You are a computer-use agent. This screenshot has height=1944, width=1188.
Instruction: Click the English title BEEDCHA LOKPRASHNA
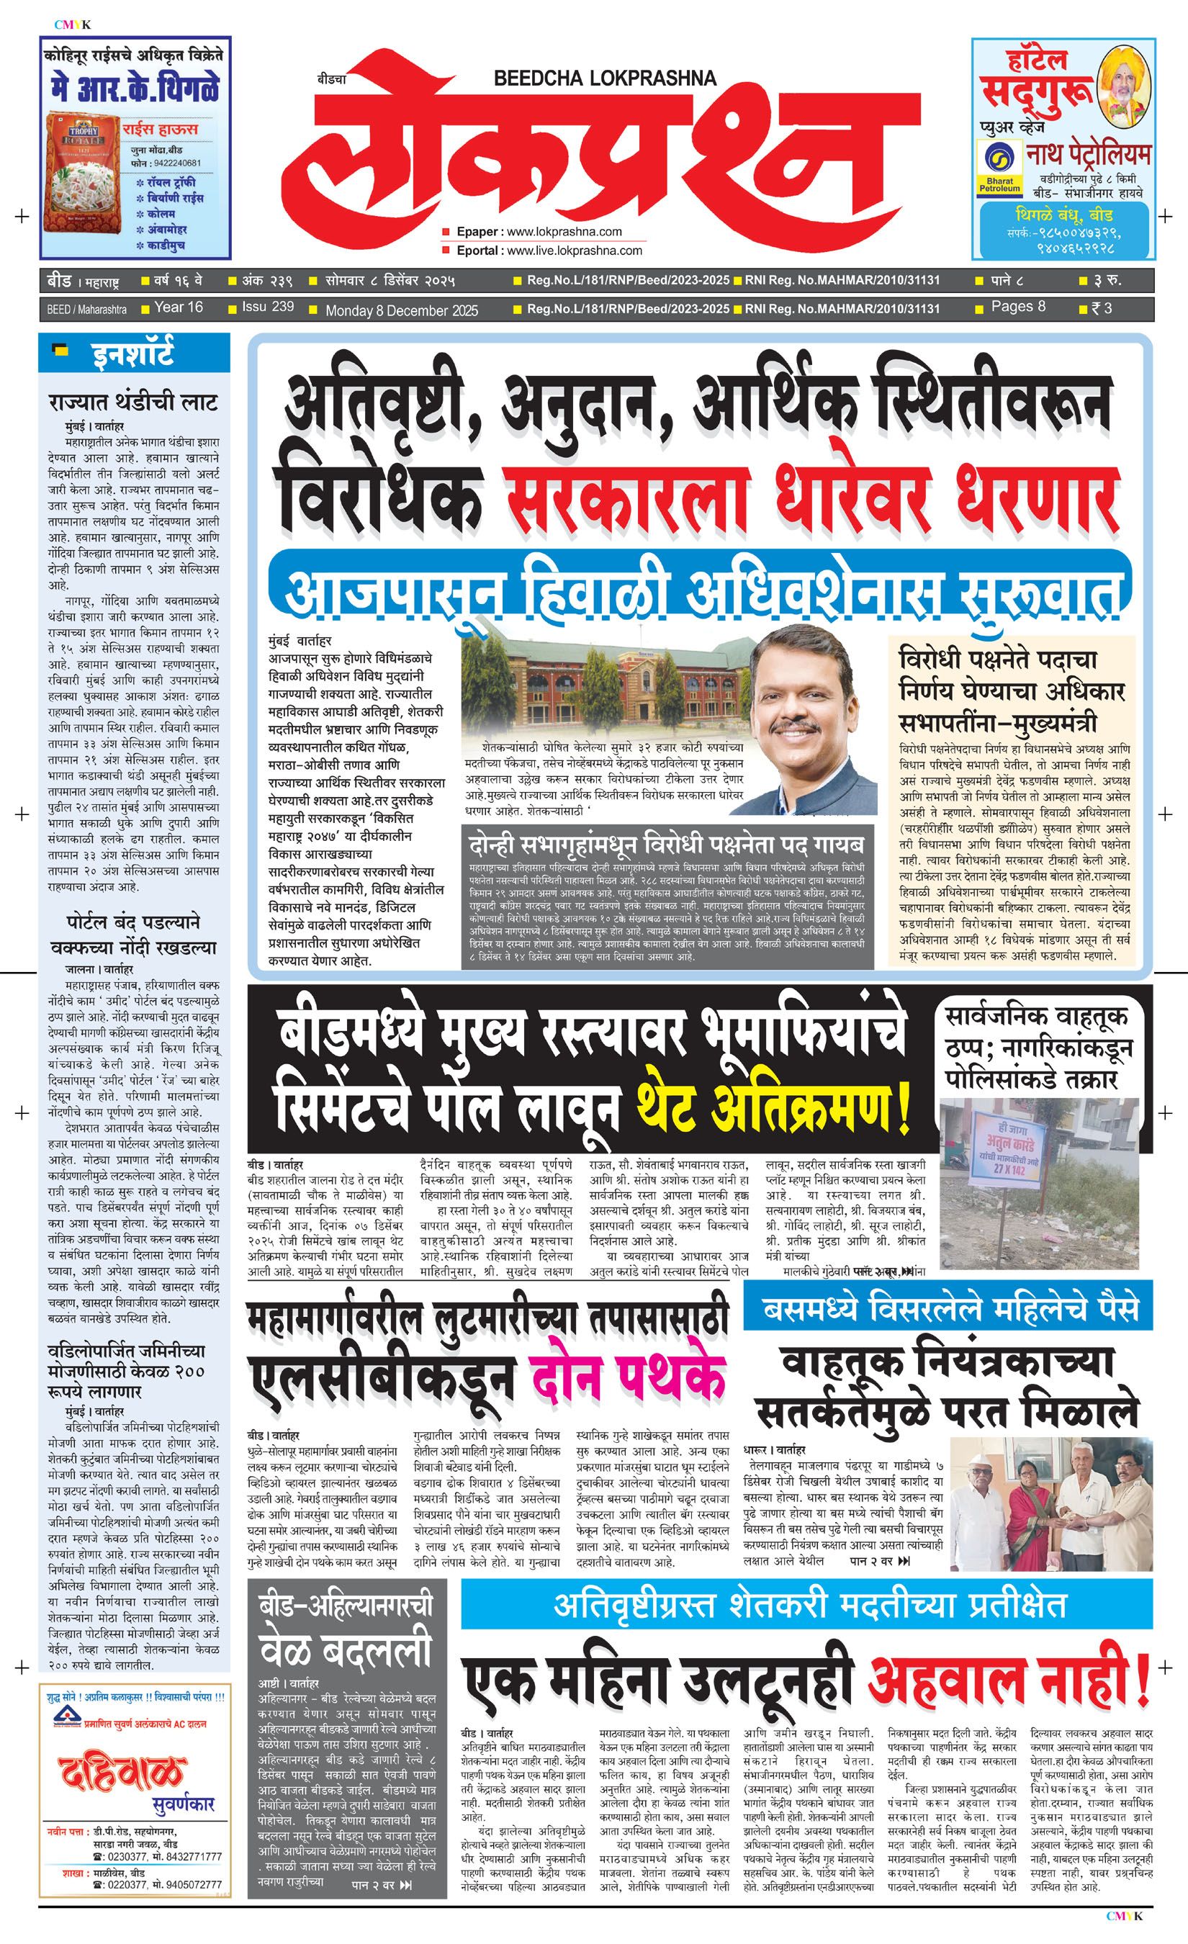coord(604,78)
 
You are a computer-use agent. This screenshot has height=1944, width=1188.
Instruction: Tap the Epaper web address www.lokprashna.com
coord(564,232)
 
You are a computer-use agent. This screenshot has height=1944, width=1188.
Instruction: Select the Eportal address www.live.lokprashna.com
coord(575,251)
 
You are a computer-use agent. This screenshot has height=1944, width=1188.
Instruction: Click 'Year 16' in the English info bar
coord(179,307)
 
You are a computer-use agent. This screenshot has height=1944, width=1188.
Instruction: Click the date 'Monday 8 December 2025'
coord(402,310)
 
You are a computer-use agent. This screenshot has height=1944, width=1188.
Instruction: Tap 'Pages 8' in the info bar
coord(1017,307)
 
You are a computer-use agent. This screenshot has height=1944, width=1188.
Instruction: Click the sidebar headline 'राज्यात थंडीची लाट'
coord(132,402)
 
